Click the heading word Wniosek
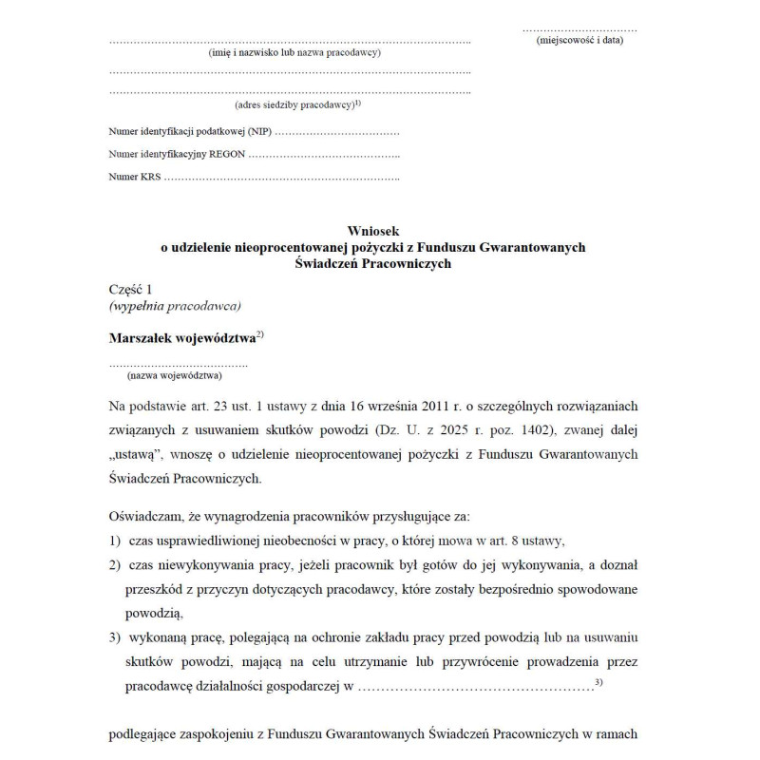point(373,231)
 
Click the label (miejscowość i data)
point(579,41)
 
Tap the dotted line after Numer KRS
point(281,177)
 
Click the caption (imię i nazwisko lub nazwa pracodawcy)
point(294,53)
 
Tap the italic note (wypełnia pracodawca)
point(176,306)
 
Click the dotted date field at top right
point(579,28)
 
